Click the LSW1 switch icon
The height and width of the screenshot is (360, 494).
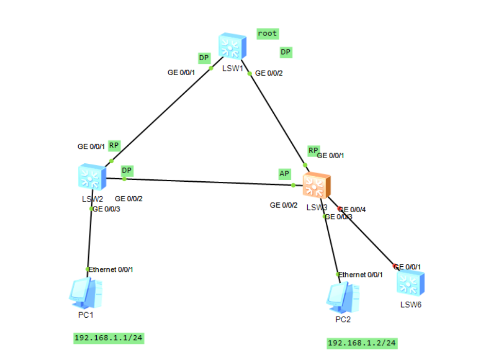pos(232,46)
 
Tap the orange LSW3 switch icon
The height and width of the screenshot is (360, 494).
pos(316,186)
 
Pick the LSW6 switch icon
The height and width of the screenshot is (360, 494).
pos(411,283)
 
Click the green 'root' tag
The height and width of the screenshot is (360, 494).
pos(268,33)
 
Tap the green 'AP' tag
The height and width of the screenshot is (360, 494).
pos(285,174)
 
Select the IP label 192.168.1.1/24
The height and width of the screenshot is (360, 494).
pos(108,338)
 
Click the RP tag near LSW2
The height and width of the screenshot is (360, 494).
pos(114,145)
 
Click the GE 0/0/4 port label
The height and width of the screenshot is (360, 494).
pos(354,210)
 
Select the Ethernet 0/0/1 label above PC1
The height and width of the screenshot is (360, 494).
pos(114,269)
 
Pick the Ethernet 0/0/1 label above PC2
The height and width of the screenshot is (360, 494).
pos(361,275)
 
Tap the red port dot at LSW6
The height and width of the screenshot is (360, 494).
pos(395,266)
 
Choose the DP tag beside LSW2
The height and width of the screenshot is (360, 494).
pos(127,170)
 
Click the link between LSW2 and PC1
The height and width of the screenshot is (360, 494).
pos(90,239)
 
